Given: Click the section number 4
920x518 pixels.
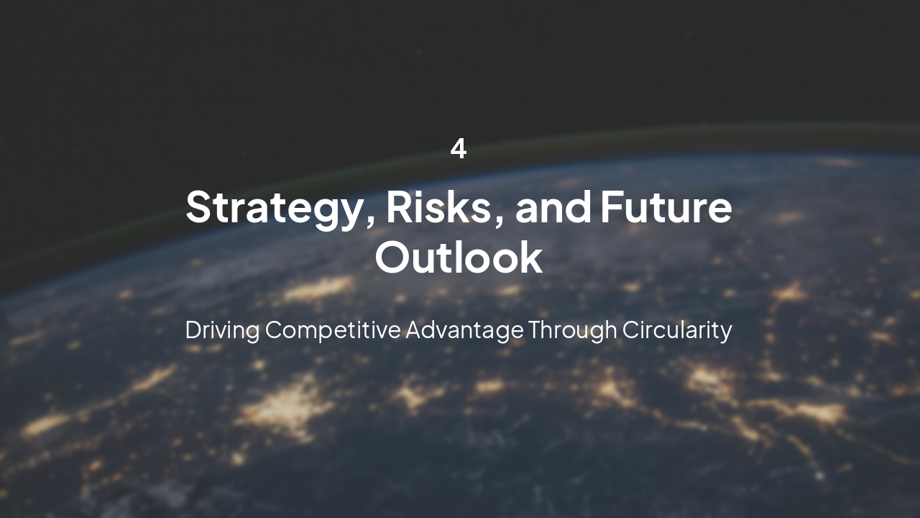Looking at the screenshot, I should tap(459, 149).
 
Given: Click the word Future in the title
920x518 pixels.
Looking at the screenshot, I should tap(666, 207).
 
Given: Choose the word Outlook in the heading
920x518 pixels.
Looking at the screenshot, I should tap(459, 258).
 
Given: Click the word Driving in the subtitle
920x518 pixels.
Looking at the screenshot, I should tap(221, 330).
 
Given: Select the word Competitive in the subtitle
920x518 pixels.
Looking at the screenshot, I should tap(333, 330).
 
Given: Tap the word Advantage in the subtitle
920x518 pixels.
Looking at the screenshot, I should tap(464, 330).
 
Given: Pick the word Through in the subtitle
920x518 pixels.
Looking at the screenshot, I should tap(572, 330).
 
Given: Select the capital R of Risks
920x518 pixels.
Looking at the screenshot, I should tap(400, 207).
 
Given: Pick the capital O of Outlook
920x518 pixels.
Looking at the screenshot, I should tap(393, 258).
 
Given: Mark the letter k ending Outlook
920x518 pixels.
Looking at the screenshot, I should tap(531, 258).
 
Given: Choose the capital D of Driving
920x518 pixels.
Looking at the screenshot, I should tap(193, 330).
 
